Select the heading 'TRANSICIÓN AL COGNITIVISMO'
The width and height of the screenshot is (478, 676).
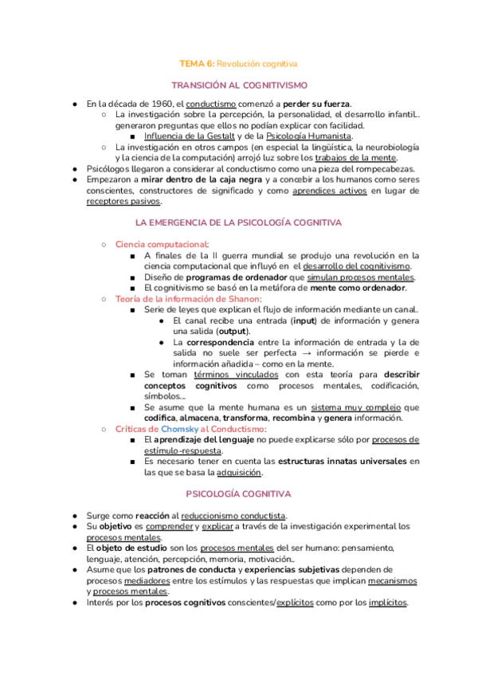click(239, 84)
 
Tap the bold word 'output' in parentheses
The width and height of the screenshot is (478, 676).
click(232, 331)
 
